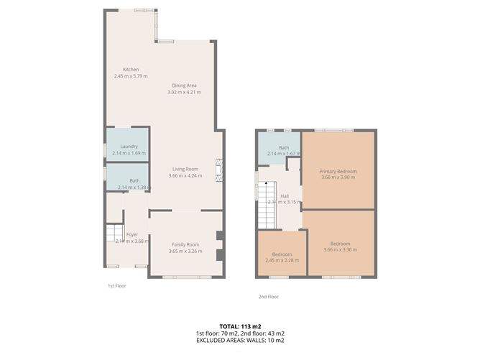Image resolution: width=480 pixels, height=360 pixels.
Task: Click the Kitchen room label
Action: click(x=129, y=70)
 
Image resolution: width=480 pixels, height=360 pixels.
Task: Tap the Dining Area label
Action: click(x=184, y=86)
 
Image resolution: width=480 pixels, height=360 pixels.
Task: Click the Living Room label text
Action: click(x=184, y=170)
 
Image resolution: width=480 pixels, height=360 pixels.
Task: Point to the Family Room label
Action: click(x=184, y=245)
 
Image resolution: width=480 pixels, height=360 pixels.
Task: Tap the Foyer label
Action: click(x=131, y=234)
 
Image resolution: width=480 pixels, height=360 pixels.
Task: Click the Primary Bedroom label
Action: click(x=338, y=172)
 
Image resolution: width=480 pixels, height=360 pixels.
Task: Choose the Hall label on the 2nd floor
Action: click(x=284, y=195)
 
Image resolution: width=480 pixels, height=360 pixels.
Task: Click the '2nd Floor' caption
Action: click(x=268, y=296)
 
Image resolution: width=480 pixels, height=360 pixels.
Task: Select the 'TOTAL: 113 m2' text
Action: click(x=239, y=326)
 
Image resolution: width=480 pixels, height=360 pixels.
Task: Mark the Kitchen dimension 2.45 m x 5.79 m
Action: click(x=129, y=76)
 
